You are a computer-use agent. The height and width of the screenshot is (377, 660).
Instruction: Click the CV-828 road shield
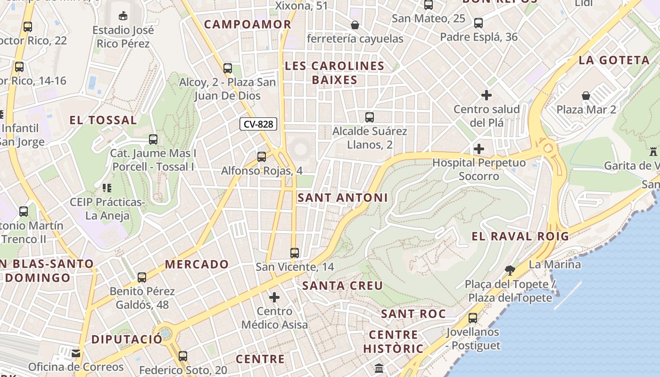258,124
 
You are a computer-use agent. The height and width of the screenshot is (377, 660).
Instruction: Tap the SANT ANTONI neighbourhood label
343,198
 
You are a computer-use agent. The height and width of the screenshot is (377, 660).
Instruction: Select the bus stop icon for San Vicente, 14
295,253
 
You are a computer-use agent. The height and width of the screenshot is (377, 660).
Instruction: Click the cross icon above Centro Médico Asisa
274,297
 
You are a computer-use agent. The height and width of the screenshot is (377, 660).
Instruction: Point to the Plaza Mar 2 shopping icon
586,96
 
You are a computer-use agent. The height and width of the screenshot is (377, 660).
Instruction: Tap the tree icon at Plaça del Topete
510,270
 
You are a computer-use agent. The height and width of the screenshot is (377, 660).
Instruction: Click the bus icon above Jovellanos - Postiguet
473,318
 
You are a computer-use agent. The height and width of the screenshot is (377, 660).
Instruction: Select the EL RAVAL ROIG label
520,237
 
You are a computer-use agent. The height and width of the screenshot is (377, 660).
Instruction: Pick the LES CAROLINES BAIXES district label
335,73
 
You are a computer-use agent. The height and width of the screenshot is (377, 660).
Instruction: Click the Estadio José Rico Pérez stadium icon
123,16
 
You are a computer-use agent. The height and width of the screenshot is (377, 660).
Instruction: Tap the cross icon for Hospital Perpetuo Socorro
479,149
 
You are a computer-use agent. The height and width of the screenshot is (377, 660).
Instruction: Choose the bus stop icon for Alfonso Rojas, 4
262,157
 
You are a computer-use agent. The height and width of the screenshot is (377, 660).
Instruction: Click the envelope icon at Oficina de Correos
76,353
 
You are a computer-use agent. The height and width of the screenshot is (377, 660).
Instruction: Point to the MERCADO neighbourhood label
197,264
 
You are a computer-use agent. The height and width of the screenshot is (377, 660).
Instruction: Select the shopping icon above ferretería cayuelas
355,25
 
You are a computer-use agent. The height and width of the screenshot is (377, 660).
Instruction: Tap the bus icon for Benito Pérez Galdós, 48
142,278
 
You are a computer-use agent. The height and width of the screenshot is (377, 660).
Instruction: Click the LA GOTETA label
614,60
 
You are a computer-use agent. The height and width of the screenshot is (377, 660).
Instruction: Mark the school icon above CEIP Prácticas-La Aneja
107,188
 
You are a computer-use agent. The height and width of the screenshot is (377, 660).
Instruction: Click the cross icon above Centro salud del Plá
487,96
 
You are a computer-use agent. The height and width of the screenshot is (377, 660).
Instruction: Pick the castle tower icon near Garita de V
653,152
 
